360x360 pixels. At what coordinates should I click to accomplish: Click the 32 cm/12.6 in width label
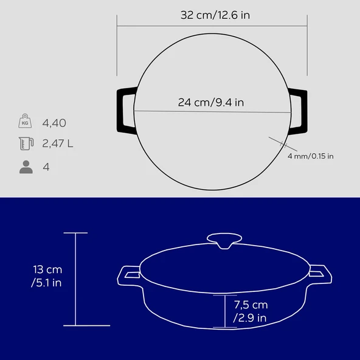(x=215, y=15)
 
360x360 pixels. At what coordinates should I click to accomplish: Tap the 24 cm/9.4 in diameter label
(x=211, y=102)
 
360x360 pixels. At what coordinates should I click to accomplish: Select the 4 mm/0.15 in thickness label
(x=310, y=156)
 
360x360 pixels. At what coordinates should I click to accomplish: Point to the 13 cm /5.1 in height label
(x=47, y=276)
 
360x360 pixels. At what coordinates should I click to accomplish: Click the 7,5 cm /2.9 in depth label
(x=251, y=311)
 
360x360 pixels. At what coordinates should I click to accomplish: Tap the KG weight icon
(x=25, y=121)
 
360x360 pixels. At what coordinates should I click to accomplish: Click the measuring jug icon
(x=26, y=144)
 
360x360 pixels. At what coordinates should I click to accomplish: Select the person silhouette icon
(x=26, y=167)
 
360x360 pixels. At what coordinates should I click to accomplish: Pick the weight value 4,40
(x=54, y=123)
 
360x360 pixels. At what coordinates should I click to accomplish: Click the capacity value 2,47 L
(x=58, y=144)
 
